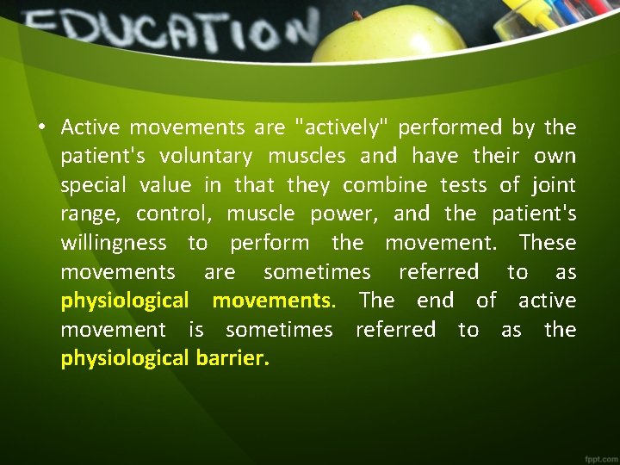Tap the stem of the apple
coord(356,15)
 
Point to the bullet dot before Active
coord(41,128)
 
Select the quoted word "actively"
coord(342,127)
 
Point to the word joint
coord(553,185)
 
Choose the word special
coord(95,185)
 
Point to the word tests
coord(470,185)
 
